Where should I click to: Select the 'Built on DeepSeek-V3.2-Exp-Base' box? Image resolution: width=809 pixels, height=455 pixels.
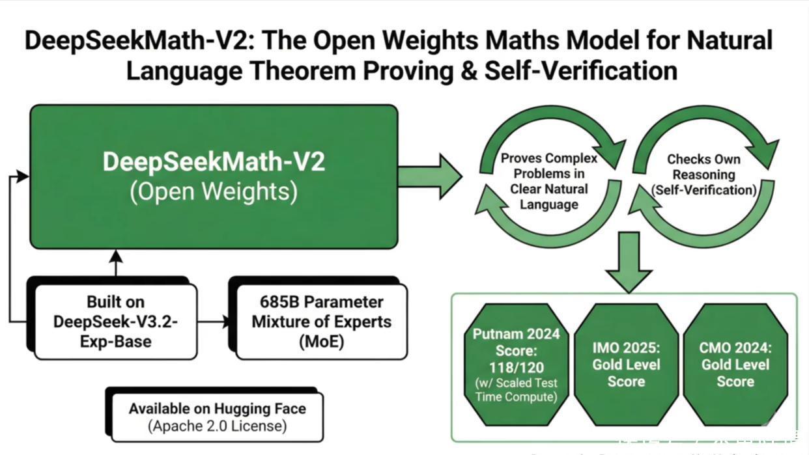click(116, 322)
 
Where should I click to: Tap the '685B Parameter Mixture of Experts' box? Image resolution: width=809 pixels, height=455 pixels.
click(321, 322)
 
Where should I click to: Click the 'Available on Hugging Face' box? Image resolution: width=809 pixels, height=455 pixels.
click(217, 417)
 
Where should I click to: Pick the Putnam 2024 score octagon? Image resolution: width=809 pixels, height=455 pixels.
click(516, 365)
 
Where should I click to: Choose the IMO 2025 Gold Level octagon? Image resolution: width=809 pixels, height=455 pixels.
click(625, 365)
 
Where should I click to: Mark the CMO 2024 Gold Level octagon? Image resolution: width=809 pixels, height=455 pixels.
click(735, 365)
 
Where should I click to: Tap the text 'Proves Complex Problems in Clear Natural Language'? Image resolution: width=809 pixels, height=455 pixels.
click(548, 181)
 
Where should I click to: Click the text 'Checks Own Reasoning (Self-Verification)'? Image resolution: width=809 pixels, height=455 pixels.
click(704, 174)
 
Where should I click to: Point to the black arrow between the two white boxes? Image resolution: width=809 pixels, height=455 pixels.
click(214, 322)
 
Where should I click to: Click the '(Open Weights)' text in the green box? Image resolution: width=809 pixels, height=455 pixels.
click(214, 192)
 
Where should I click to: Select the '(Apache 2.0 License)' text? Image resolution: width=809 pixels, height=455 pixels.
click(217, 426)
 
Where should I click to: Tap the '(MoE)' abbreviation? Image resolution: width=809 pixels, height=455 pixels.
click(321, 341)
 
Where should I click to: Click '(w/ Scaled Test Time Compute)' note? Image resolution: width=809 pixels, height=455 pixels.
click(516, 389)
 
